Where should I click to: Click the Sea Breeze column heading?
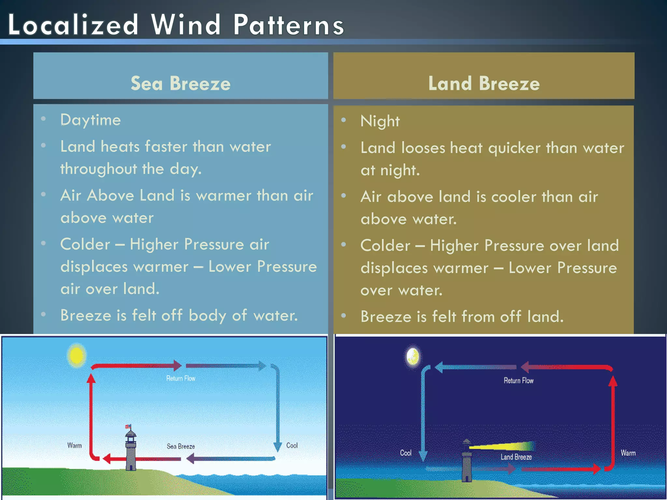(x=180, y=83)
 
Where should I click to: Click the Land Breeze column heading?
(x=484, y=83)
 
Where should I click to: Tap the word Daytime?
(x=91, y=120)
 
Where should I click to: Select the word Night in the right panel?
(x=380, y=121)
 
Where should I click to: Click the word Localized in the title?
(x=73, y=25)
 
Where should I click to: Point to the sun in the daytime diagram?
(x=77, y=355)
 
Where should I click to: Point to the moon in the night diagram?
(x=413, y=356)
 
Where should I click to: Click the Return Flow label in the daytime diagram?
(x=181, y=378)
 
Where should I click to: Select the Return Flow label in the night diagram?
(x=518, y=381)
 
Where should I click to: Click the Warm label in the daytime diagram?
(x=75, y=445)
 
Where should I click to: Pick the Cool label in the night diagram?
(x=405, y=453)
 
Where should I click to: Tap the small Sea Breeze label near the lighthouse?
(x=181, y=446)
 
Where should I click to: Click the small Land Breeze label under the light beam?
(x=516, y=457)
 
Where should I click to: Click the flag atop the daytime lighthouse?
(x=128, y=426)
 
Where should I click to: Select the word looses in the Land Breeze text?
(x=423, y=148)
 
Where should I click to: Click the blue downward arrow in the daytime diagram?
(x=277, y=410)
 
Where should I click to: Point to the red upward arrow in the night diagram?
(x=613, y=420)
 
